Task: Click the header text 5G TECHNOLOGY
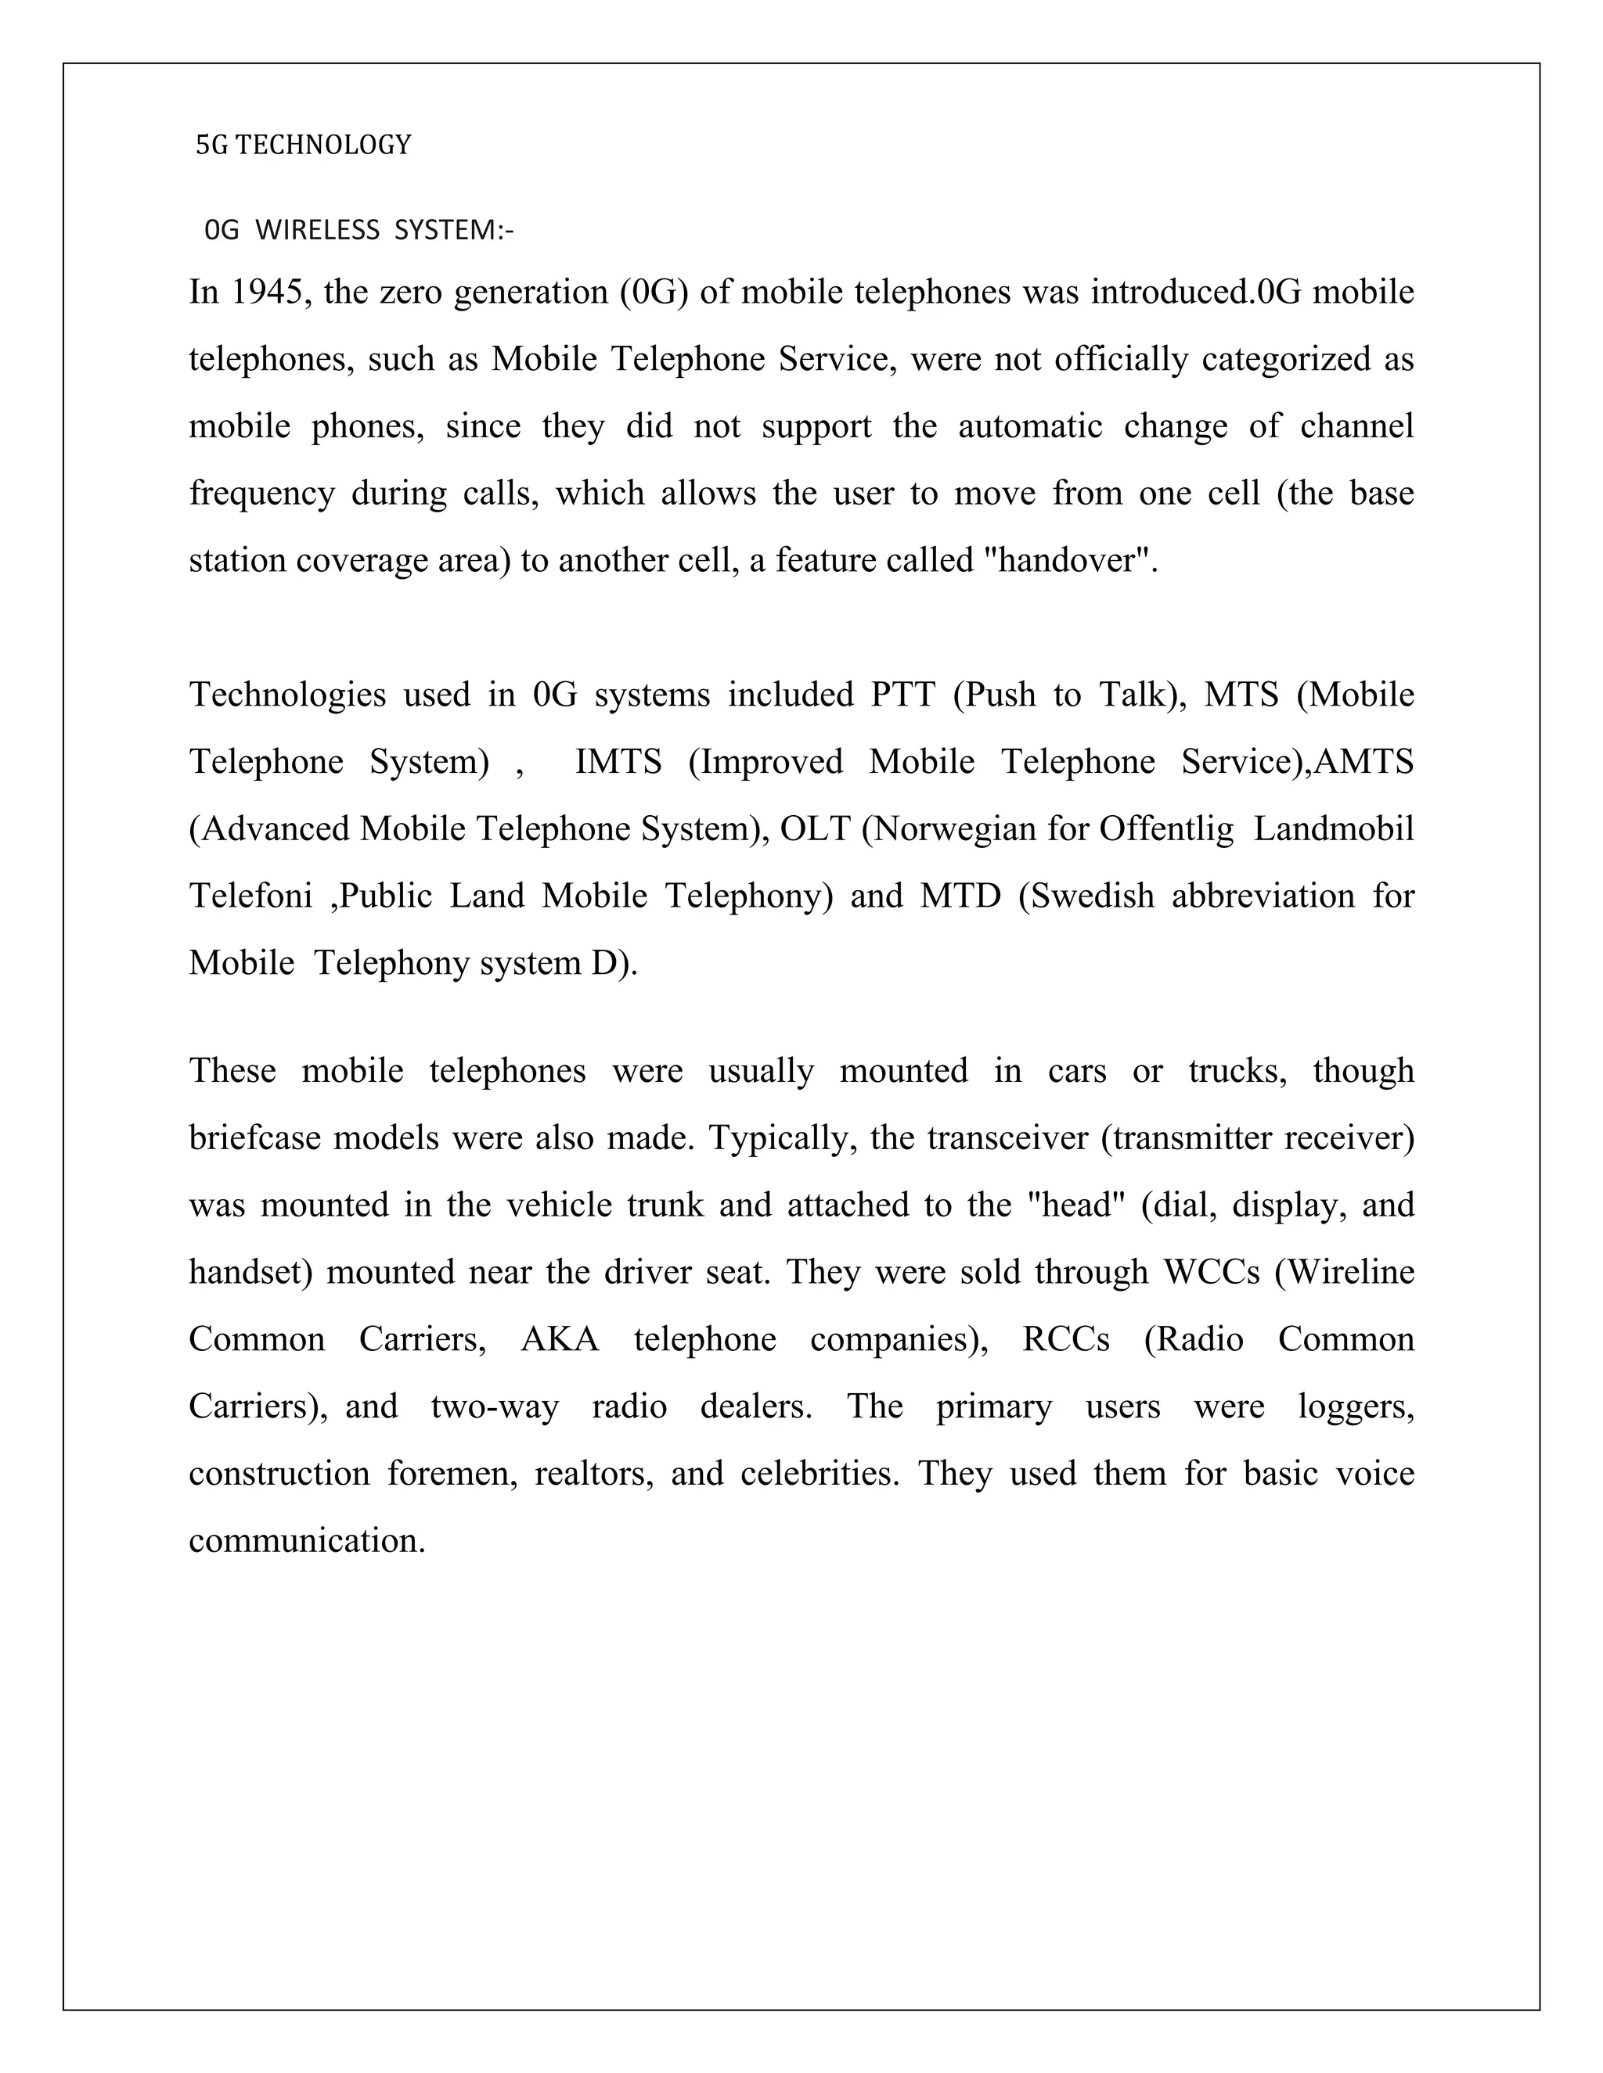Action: coord(303,146)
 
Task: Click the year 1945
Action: coord(268,293)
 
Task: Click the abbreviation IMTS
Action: coord(618,762)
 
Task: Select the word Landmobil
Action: coord(1333,829)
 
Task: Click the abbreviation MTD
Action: coord(960,896)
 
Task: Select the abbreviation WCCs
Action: coord(1211,1272)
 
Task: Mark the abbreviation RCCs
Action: coord(1065,1339)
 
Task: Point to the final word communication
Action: coord(307,1540)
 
